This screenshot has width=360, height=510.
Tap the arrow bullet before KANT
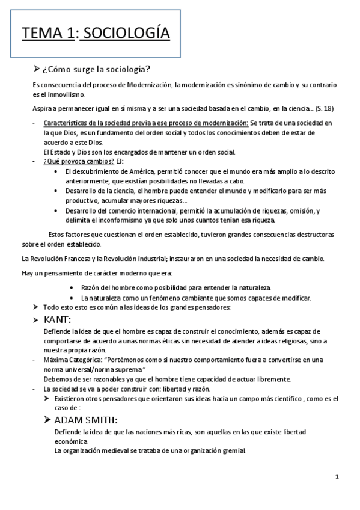[36, 319]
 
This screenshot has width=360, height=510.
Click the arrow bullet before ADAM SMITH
[47, 420]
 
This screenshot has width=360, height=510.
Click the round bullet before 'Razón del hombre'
[72, 287]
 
